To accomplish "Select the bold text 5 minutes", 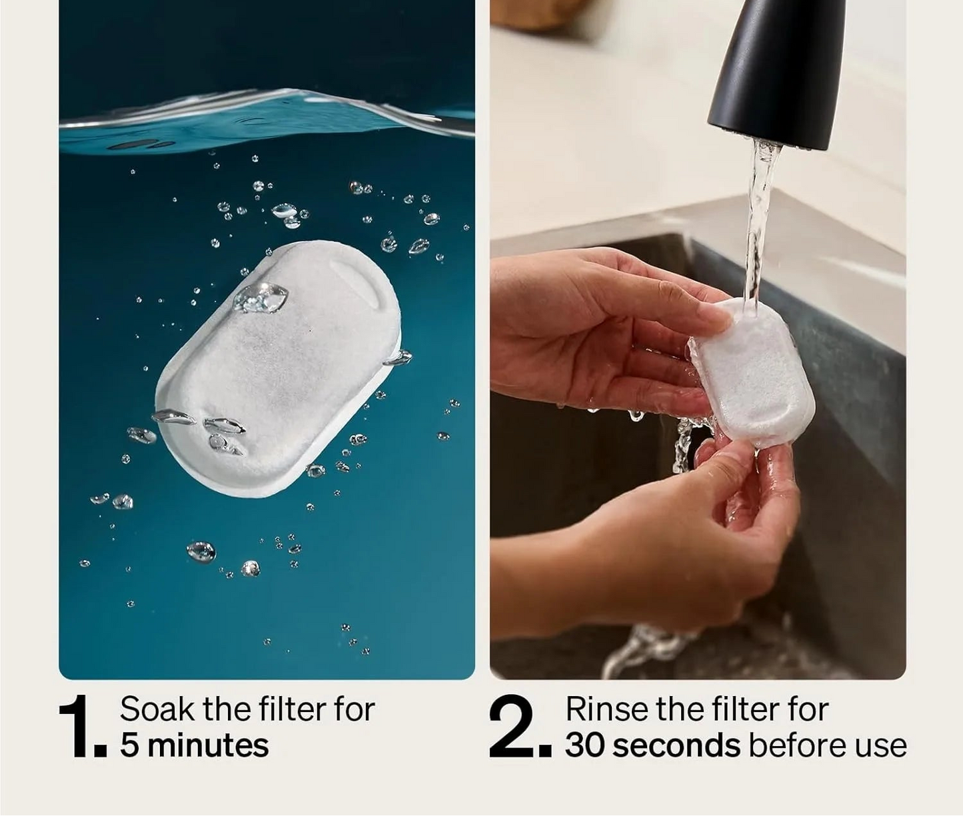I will [x=194, y=745].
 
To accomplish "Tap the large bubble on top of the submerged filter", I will [x=261, y=298].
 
